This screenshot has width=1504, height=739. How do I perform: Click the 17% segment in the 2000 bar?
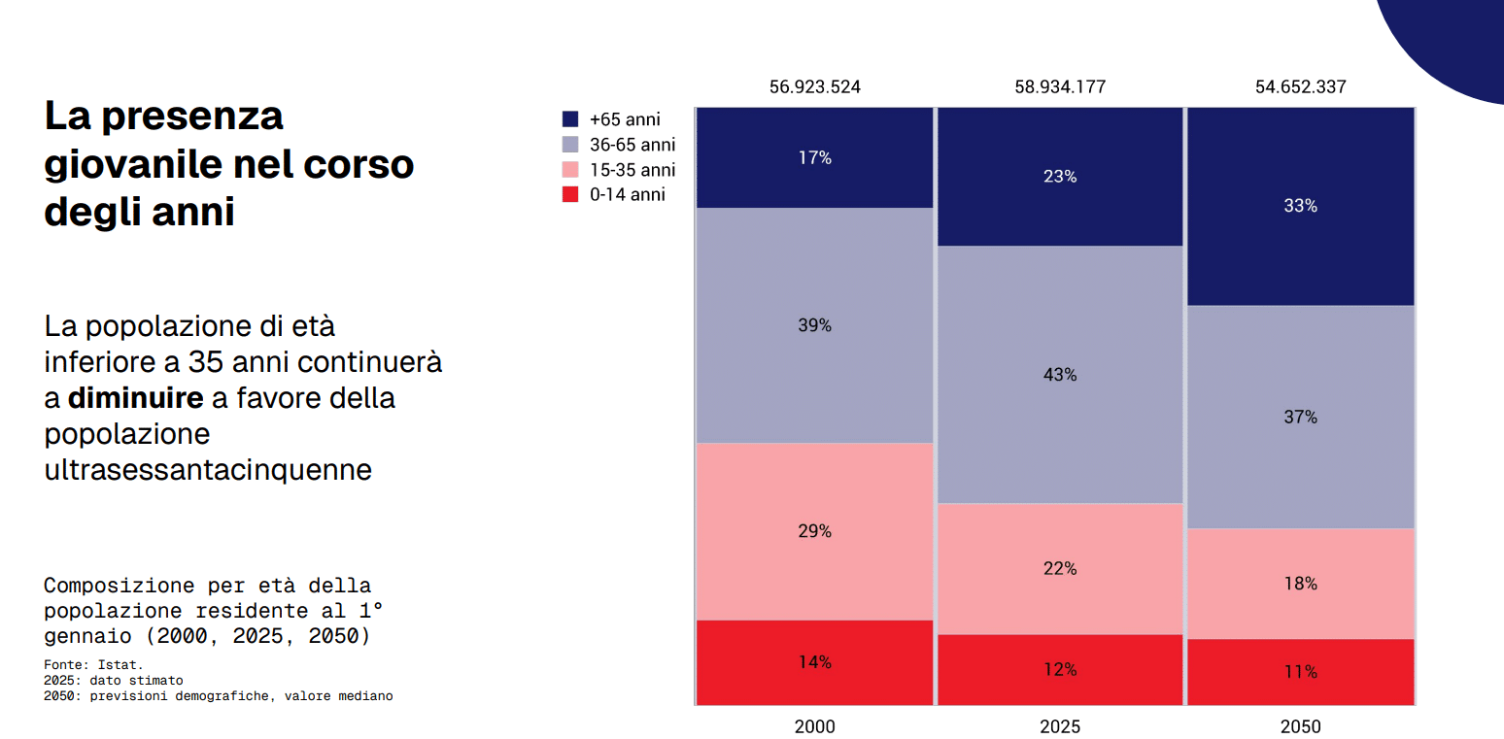(814, 157)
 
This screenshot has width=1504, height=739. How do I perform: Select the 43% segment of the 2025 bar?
(1059, 374)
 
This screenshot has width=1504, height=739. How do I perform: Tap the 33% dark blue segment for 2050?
(1300, 206)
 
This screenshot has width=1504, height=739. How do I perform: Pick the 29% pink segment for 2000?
(814, 531)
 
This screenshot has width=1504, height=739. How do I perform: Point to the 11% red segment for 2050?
(1300, 671)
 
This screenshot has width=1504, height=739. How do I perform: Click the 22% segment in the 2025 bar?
(1059, 568)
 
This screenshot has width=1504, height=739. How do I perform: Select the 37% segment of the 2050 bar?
(1300, 417)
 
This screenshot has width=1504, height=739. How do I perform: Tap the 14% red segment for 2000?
(814, 662)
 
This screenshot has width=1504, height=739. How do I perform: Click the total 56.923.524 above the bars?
(814, 86)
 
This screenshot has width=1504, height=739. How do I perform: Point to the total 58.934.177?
(1060, 86)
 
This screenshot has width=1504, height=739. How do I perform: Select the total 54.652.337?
(1300, 86)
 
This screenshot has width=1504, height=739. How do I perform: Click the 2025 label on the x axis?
(1059, 726)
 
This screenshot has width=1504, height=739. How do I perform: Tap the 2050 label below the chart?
(1300, 726)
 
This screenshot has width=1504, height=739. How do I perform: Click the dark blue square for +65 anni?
(570, 119)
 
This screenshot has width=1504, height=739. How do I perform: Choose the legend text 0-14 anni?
(627, 194)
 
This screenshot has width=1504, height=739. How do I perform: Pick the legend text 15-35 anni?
(632, 170)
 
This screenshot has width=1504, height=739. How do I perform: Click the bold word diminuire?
(135, 398)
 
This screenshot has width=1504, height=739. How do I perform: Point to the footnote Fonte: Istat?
(93, 665)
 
